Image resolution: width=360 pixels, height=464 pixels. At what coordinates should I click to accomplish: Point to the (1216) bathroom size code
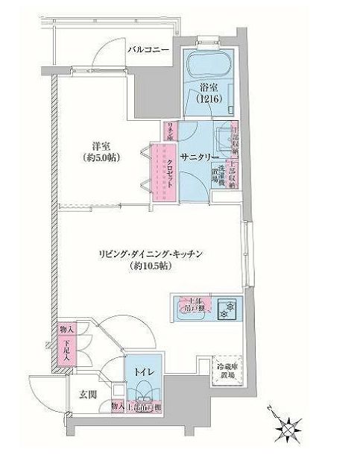(x=207, y=98)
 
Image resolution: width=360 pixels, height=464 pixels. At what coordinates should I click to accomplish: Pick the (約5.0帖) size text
(x=103, y=158)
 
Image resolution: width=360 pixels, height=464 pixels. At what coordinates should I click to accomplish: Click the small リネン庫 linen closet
(x=170, y=131)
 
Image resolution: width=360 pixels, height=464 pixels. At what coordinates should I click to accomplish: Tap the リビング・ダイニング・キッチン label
(x=151, y=254)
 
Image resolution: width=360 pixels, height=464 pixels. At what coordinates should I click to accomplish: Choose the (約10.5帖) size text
(x=151, y=266)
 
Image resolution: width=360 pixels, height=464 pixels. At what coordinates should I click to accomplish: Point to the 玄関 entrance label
(x=78, y=393)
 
